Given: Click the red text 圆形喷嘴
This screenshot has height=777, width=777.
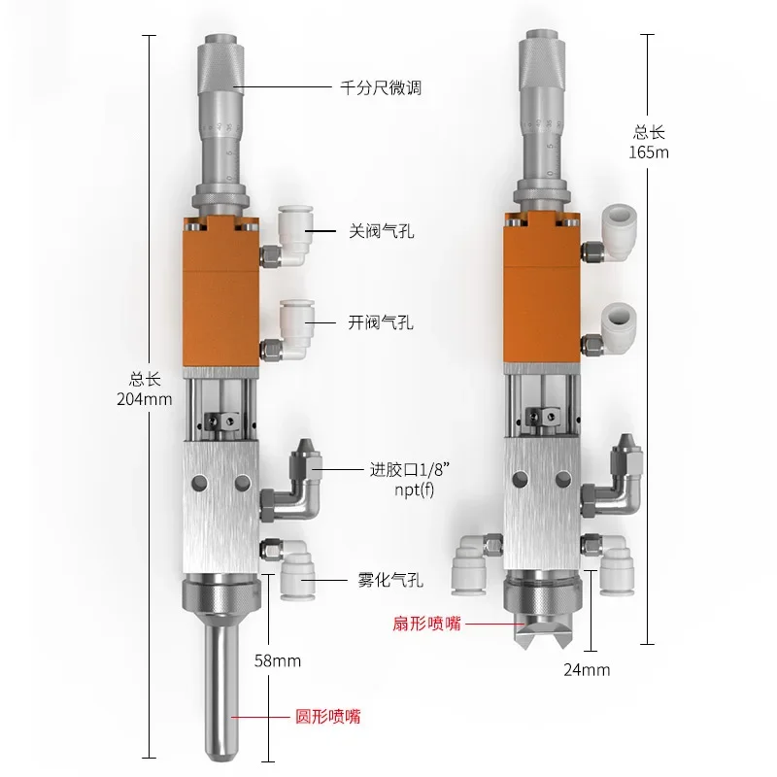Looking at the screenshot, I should (328, 718).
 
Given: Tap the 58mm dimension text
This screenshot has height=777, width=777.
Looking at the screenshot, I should (276, 661).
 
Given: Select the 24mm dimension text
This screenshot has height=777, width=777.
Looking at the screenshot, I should (586, 669).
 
